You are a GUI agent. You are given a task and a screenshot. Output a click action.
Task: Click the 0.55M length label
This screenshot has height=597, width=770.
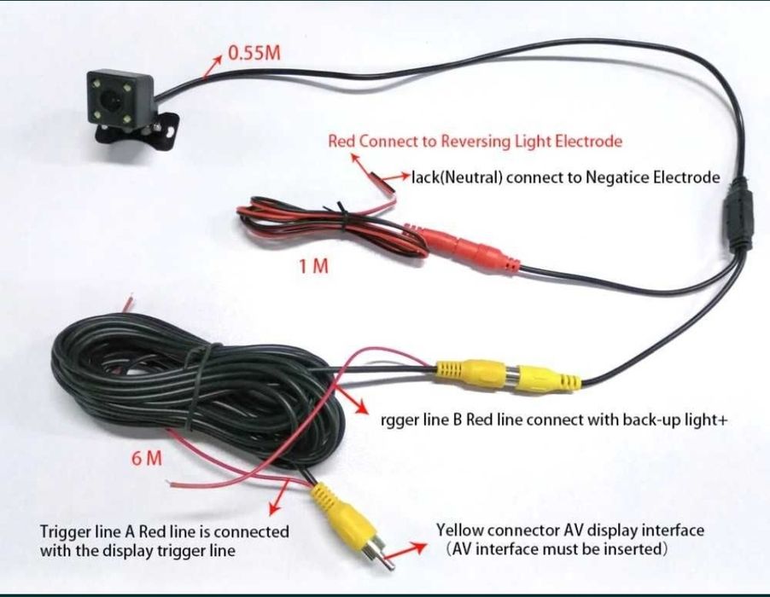(x=253, y=53)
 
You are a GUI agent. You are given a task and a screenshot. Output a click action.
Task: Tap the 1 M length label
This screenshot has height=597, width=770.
(x=313, y=266)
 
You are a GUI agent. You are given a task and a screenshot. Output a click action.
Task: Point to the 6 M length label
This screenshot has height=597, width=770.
(x=147, y=458)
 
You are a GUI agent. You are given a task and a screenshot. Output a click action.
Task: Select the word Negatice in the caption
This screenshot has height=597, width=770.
(x=617, y=178)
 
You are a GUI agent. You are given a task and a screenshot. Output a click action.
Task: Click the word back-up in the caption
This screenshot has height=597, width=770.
(x=641, y=420)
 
